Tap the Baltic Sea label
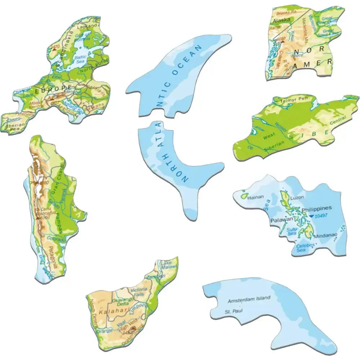pyautogui.click(x=80, y=59)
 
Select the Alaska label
pyautogui.click(x=282, y=20)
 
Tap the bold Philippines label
pyautogui.click(x=316, y=208)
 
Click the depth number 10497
pyautogui.click(x=321, y=216)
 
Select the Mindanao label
pyautogui.click(x=325, y=236)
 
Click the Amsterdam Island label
pyautogui.click(x=249, y=299)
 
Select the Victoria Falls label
pyautogui.click(x=139, y=292)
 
